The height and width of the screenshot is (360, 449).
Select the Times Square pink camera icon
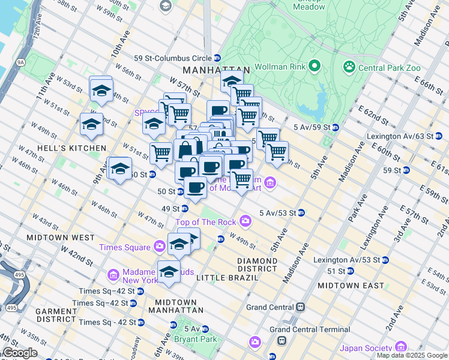159,246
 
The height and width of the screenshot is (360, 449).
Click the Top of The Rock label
206,223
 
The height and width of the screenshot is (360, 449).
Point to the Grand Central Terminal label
310,329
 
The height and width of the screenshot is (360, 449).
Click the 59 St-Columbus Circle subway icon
217,58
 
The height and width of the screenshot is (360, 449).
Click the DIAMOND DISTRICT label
257,265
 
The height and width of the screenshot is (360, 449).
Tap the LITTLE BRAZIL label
222,277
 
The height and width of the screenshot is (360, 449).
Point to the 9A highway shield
20,62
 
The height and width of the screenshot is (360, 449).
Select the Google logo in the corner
19,353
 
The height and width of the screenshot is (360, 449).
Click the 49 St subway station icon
185,209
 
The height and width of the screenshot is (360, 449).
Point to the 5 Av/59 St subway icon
336,127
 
